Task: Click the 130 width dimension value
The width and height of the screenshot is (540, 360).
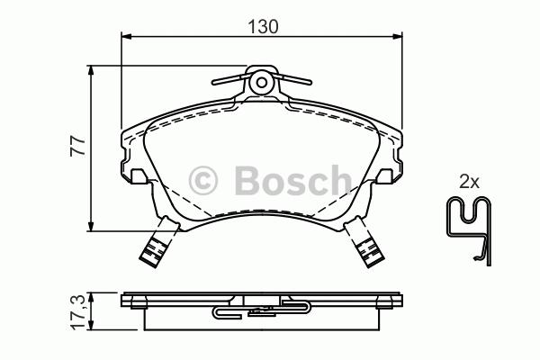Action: click(x=263, y=26)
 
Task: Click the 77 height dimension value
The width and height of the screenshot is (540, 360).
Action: click(x=77, y=147)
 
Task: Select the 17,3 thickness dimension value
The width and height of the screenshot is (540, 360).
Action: click(x=78, y=312)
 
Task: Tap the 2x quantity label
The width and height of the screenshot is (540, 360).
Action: click(x=469, y=182)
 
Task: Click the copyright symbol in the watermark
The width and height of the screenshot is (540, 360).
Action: click(x=203, y=181)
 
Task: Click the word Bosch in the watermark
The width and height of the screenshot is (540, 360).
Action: click(x=293, y=180)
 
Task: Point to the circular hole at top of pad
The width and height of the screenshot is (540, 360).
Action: click(x=261, y=83)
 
